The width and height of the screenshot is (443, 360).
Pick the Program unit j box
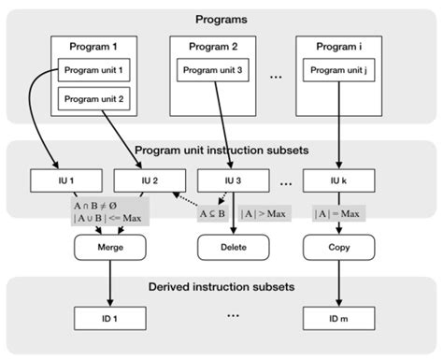coord(339,69)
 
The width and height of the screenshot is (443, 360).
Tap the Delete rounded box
coord(230,247)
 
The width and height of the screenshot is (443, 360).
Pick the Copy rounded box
coord(340,247)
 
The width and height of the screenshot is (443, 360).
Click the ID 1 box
coord(109,318)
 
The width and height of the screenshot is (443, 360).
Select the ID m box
coord(340,318)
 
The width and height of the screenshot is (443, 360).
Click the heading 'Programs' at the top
coord(221,19)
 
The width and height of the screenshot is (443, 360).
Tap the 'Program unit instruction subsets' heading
coord(221,150)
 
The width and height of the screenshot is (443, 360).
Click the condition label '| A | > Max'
coord(264,214)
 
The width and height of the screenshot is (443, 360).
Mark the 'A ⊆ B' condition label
coord(211,214)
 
